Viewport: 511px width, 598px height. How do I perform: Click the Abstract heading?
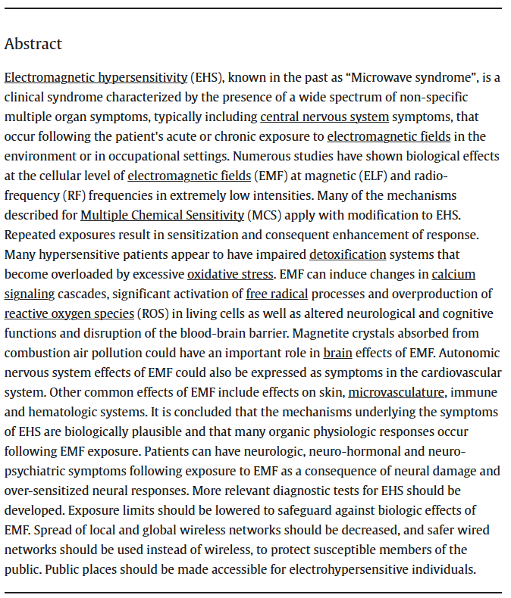point(33,44)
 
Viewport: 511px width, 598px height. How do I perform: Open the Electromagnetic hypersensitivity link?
point(96,77)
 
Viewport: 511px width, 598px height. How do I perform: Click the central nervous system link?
point(324,117)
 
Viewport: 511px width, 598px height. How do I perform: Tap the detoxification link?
point(348,254)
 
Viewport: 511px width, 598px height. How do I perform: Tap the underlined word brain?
point(337,353)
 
